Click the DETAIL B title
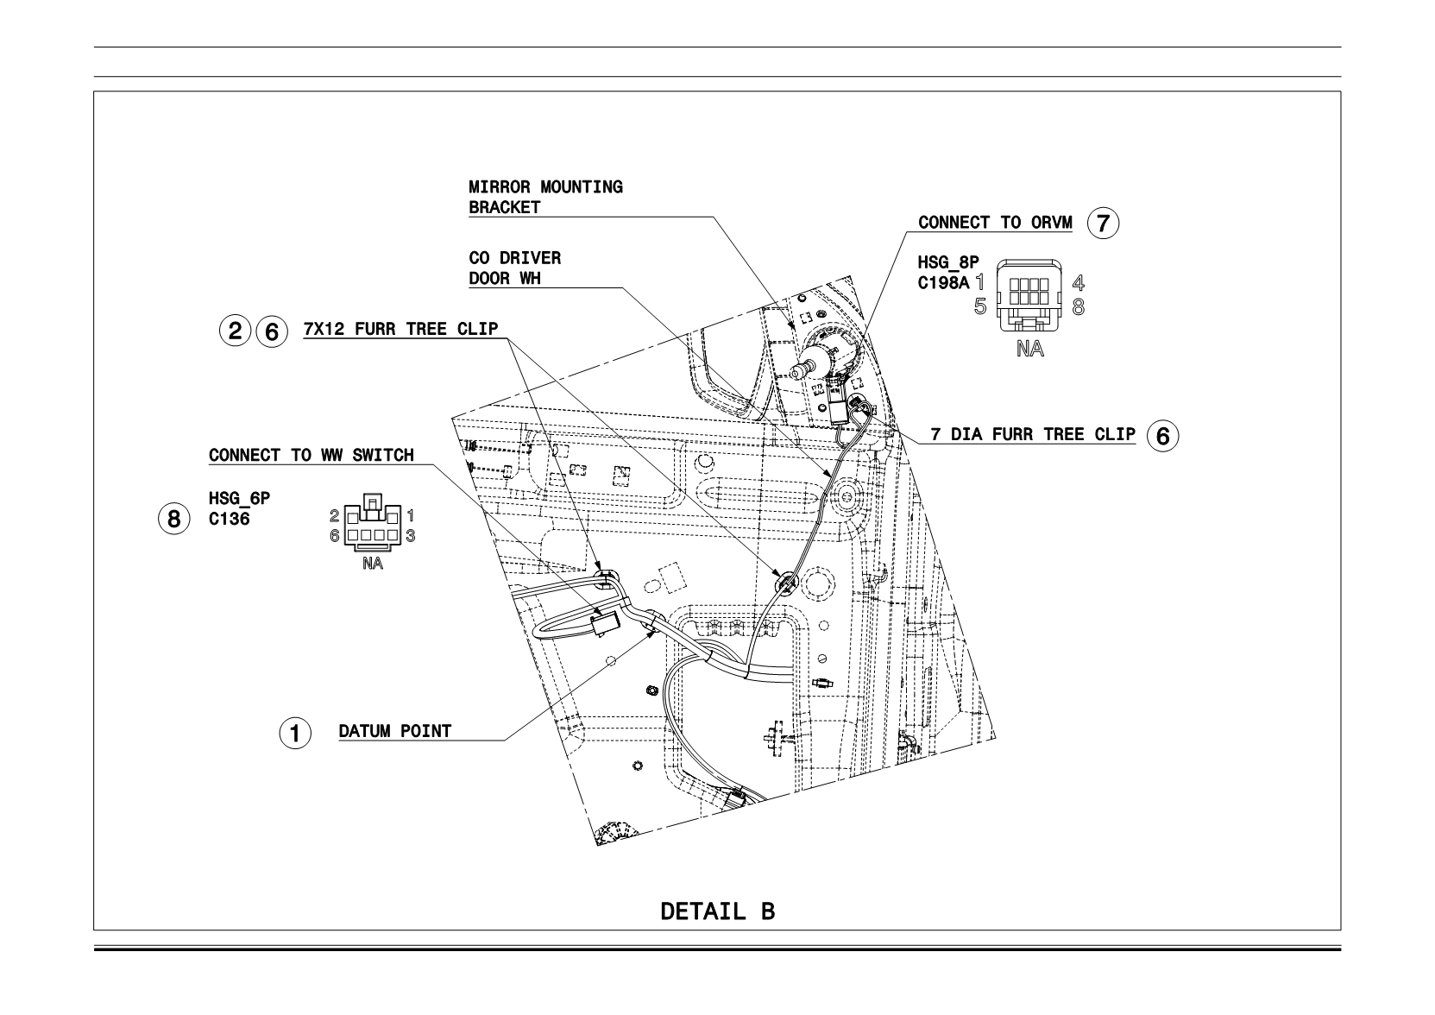pos(718,911)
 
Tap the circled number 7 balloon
pos(1103,223)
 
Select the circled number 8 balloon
pos(174,519)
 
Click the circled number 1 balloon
pos(295,733)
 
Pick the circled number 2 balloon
pos(235,331)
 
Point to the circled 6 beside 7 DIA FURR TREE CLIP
pos(1162,436)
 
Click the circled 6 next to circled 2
pos(272,331)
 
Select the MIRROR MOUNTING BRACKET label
pos(545,198)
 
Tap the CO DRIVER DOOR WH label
pos(514,268)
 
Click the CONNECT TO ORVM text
pos(995,223)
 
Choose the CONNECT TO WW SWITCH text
pos(312,455)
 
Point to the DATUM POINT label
pos(394,731)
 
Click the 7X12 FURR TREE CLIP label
pos(400,329)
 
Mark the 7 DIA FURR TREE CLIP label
pos(1033,434)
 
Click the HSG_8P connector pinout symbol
pos(1029,295)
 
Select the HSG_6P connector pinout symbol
pos(372,522)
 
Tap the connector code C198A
pos(944,282)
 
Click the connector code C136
pos(229,519)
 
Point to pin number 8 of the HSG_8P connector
pos(1079,307)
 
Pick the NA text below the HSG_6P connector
pos(373,564)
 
